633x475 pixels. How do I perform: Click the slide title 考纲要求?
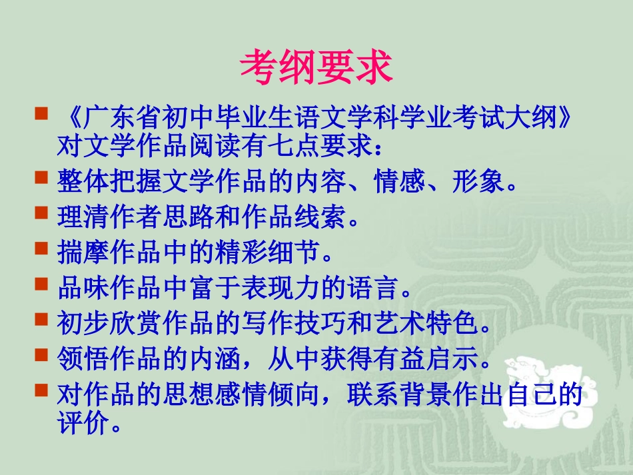[316, 68]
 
